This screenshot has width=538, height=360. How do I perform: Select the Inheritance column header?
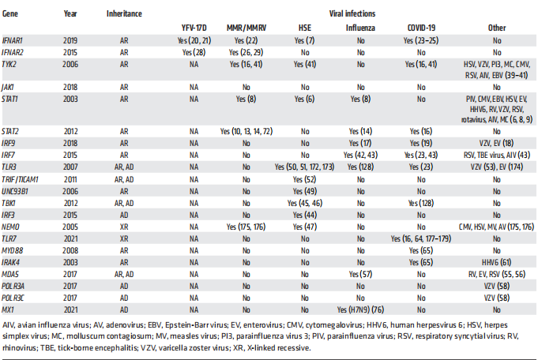point(122,14)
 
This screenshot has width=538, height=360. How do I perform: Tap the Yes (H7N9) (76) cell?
point(361,287)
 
